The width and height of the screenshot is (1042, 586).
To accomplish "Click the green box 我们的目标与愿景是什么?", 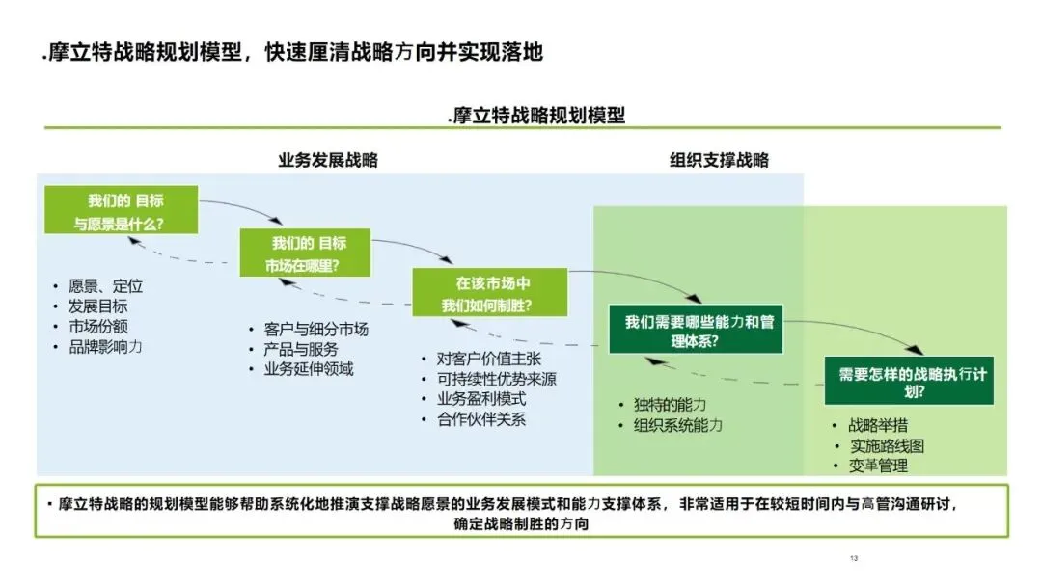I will tap(122, 210).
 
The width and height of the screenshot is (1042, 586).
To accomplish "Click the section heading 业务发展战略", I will tap(328, 161).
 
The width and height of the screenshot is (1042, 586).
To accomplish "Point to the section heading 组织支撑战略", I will tap(719, 161).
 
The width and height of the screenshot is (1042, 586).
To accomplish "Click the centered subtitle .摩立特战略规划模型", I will tap(536, 116).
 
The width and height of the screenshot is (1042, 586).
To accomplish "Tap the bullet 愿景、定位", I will tap(105, 286).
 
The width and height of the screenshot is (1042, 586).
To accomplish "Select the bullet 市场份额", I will tap(97, 326).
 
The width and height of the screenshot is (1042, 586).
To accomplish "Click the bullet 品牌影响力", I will tap(105, 346).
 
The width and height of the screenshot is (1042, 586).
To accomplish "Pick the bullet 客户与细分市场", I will tap(315, 329).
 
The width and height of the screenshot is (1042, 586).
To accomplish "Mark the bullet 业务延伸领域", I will tap(308, 369).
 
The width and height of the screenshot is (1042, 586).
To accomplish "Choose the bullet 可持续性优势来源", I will tap(496, 379).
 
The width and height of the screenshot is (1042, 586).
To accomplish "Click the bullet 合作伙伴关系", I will tap(480, 419).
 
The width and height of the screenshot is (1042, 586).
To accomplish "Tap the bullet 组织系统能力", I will tap(677, 425).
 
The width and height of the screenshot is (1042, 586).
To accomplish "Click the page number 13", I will tap(854, 559).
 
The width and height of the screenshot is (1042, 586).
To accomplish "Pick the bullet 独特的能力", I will tap(670, 405).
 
